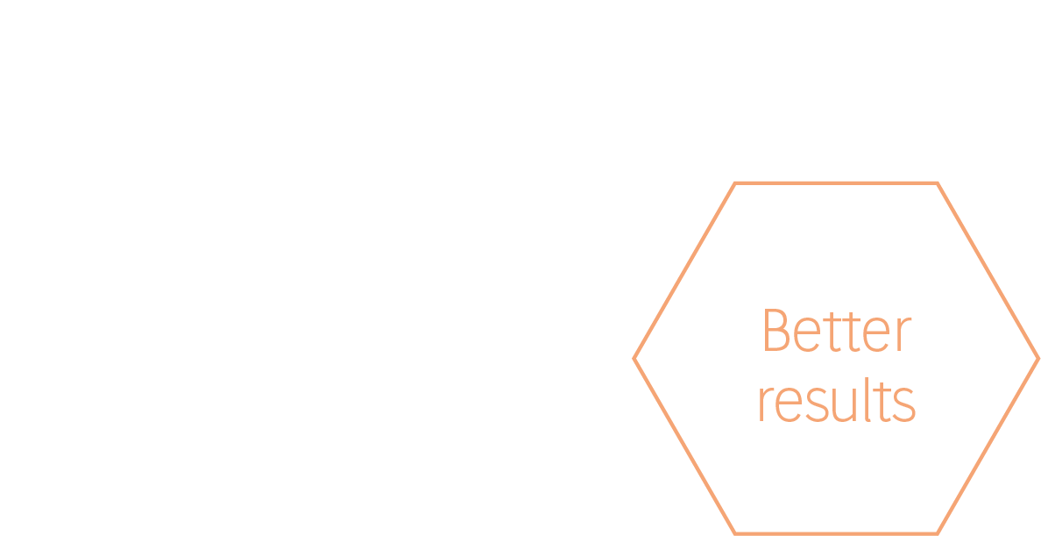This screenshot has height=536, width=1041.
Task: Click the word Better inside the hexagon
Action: coord(837,331)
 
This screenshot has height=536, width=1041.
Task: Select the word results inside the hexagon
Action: coord(836,402)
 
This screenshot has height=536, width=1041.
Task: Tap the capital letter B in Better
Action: coord(775,331)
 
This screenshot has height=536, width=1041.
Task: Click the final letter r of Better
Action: coord(903,334)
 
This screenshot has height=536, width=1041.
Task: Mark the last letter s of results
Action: coord(905,404)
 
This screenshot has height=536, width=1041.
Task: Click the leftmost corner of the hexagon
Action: coord(634,358)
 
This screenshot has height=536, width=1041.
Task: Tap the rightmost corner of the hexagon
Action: coord(1037,358)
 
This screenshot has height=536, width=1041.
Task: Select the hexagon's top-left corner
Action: coord(735,183)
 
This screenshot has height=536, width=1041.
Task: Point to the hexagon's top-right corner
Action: coord(937,183)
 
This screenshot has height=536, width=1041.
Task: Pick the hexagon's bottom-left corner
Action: coord(735,532)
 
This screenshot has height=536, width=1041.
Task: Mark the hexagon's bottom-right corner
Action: coord(937,532)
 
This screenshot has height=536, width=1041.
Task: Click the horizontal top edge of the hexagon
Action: coord(836,183)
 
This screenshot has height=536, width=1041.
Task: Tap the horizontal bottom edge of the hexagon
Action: coord(836,532)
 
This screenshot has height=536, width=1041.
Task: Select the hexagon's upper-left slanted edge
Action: coord(684,271)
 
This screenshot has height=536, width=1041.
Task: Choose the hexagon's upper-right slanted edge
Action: coord(988,271)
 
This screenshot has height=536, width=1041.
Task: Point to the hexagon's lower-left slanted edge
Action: coord(684,446)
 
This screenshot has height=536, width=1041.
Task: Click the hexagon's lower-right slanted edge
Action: coord(988,446)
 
